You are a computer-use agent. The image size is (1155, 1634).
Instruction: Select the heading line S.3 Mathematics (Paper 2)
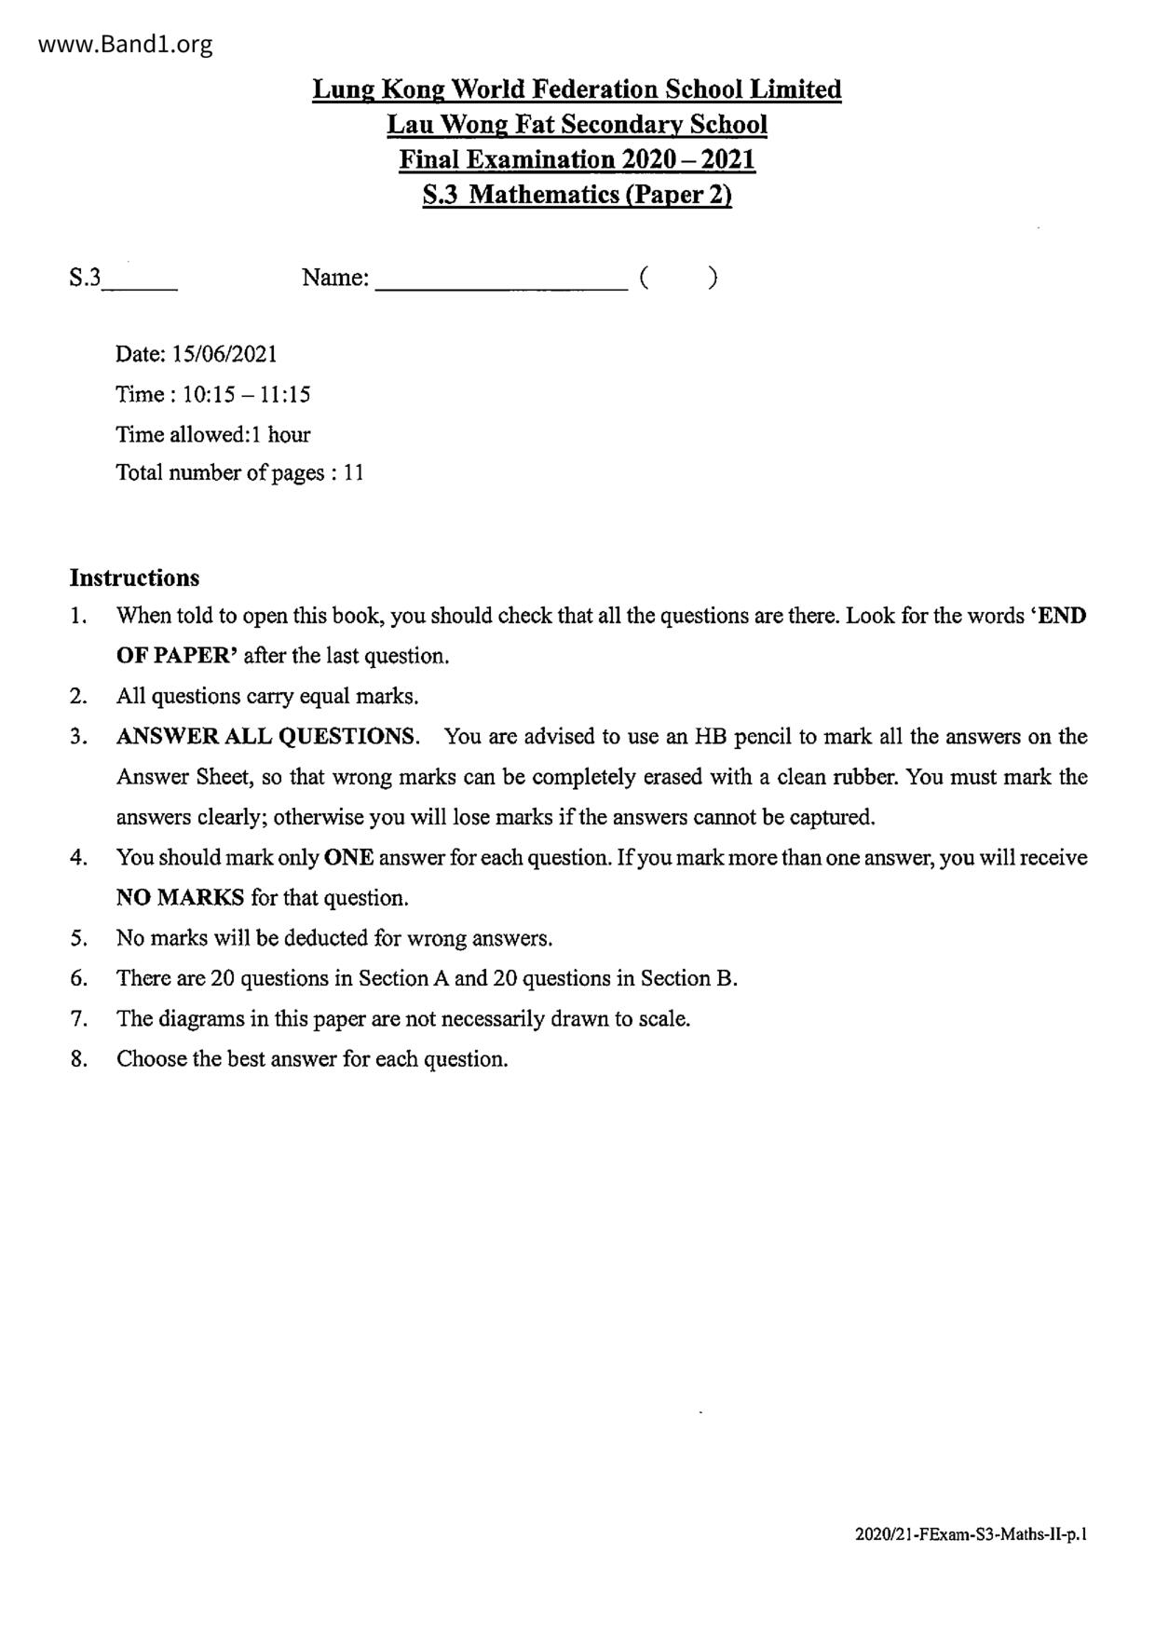(x=577, y=195)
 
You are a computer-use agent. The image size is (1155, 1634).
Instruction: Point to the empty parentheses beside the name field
(x=678, y=278)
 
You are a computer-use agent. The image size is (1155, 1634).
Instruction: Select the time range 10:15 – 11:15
(x=246, y=394)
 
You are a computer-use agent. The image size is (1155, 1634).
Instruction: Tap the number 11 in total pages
(x=353, y=472)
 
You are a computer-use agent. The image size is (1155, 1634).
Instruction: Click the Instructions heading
(x=134, y=578)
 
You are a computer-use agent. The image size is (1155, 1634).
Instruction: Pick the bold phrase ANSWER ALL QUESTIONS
(x=267, y=737)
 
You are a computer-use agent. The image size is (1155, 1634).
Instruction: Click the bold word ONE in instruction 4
(x=348, y=857)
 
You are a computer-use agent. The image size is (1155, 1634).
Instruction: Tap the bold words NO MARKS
(x=180, y=898)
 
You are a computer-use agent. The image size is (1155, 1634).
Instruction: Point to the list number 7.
(x=78, y=1018)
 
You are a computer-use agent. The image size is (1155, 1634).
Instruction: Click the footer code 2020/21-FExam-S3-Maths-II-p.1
(x=971, y=1533)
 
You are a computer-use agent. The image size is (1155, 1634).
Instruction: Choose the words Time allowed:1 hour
(x=212, y=434)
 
